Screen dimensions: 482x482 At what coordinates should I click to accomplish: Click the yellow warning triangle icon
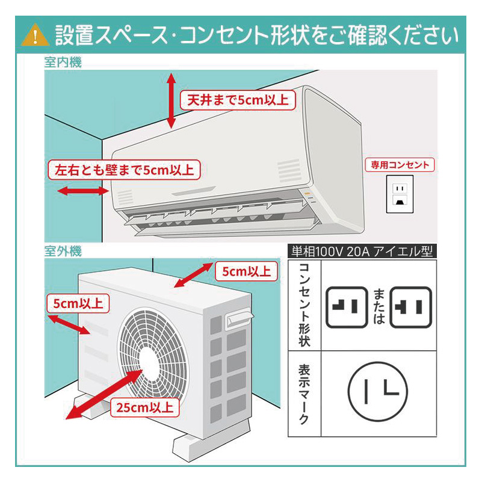35,36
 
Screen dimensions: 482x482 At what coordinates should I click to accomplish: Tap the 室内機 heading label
63,62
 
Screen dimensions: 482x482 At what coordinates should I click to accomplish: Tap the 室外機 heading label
63,250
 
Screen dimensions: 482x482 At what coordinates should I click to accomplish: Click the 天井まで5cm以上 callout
238,99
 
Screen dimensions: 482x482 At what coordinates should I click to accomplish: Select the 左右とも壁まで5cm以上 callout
125,170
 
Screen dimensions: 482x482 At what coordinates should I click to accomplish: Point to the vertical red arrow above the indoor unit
171,100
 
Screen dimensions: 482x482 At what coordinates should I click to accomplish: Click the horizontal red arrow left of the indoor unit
82,191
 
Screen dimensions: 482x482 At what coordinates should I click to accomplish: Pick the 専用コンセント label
401,165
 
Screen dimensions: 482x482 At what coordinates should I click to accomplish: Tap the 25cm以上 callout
145,407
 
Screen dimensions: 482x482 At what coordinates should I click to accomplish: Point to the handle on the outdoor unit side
238,318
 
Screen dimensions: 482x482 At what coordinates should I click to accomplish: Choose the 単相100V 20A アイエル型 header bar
362,252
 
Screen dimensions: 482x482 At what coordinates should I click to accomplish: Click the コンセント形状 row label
304,305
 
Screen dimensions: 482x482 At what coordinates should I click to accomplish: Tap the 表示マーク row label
304,395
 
